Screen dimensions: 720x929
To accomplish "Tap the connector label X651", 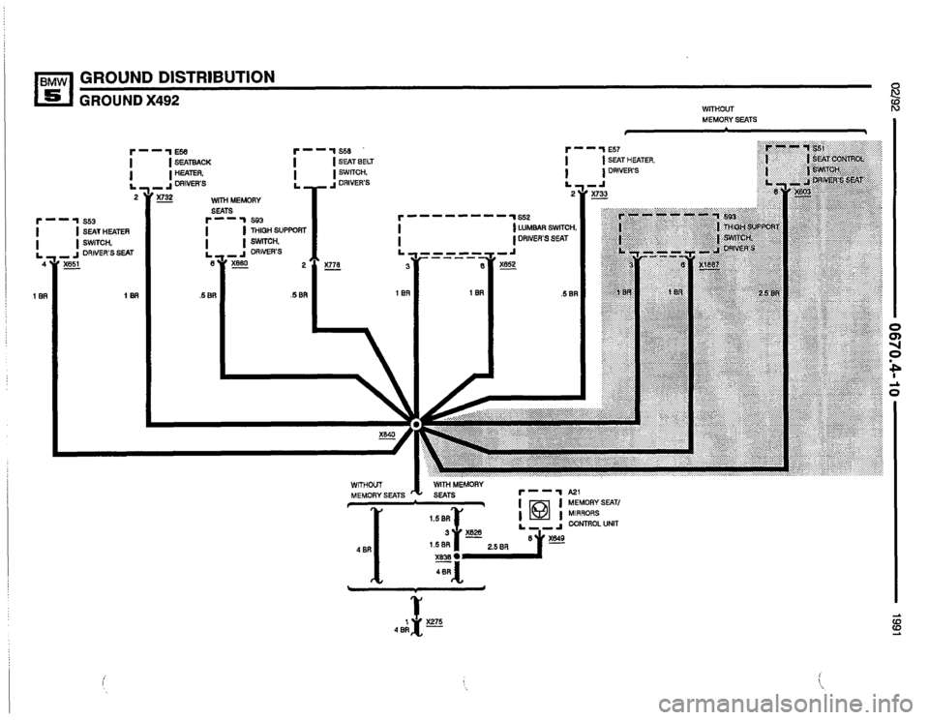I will coord(72,263).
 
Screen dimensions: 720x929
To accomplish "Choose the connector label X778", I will coord(334,263).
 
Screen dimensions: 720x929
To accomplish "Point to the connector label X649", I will coord(557,539).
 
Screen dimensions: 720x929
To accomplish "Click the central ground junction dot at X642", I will coord(416,424).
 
